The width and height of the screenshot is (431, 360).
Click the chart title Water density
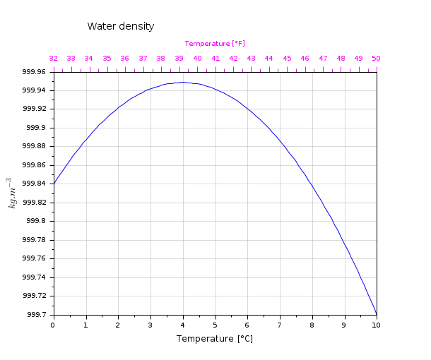121,26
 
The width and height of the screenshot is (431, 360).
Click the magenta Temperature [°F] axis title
215,44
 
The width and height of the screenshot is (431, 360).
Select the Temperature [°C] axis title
215,339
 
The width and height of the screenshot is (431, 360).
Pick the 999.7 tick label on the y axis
36,314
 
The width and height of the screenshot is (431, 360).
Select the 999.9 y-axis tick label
36,128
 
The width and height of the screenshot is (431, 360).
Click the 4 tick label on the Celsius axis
183,324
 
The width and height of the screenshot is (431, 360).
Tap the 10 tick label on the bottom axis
376,324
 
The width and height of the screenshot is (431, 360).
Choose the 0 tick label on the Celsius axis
53,324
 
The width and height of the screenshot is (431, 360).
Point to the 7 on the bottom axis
280,324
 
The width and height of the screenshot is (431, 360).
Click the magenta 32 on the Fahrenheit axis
53,59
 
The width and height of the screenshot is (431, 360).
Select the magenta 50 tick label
376,59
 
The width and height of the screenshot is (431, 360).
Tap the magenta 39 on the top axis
179,59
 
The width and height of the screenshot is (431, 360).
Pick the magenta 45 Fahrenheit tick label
287,59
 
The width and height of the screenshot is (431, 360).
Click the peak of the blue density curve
183,82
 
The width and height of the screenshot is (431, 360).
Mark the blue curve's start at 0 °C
54,184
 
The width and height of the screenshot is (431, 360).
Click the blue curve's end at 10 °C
377,313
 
